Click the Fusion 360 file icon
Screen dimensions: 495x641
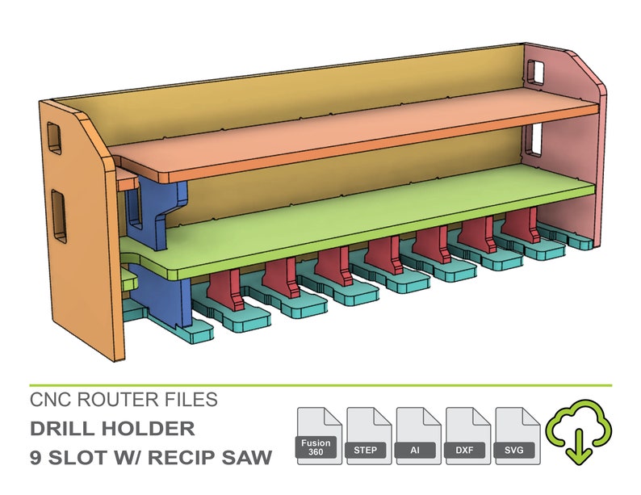(320, 437)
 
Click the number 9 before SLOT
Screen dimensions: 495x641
(36, 457)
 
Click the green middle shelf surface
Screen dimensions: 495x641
(363, 216)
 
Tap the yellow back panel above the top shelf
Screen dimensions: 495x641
(307, 93)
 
